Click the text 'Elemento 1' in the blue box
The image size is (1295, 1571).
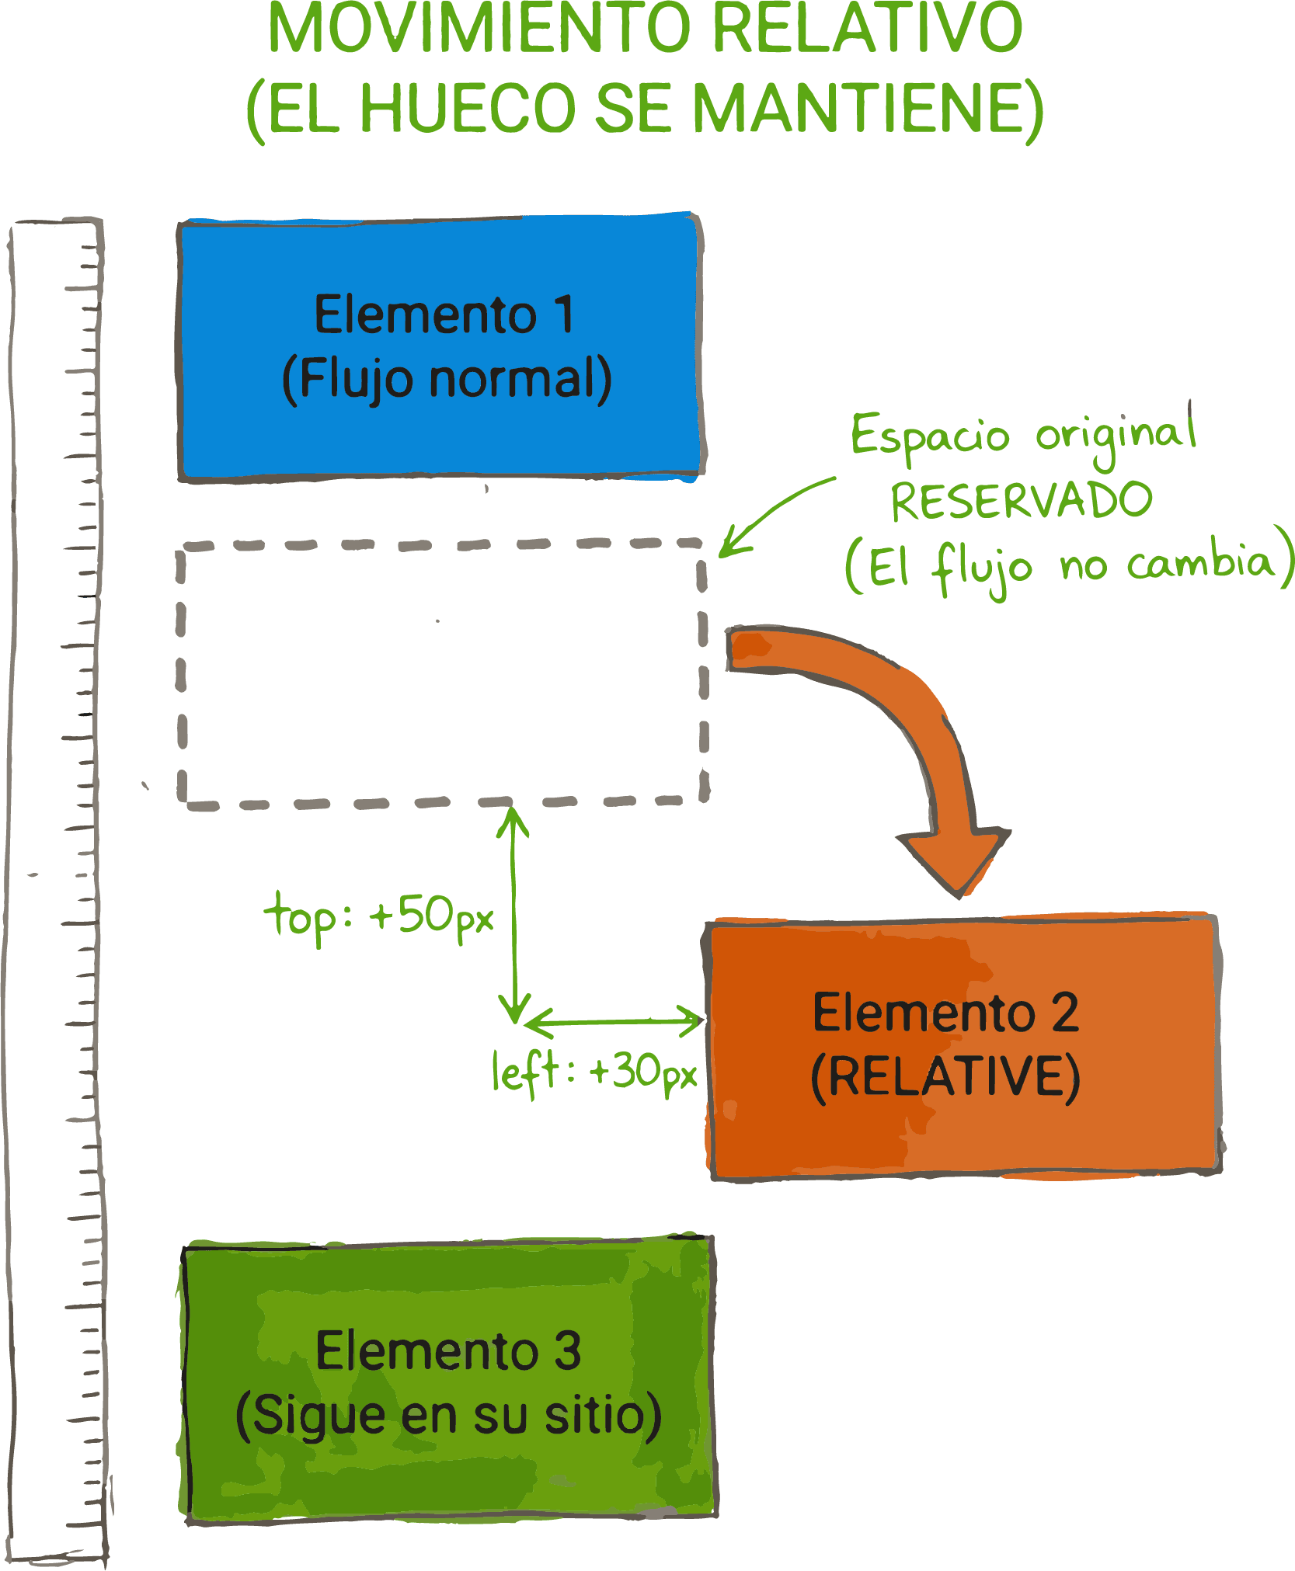pos(444,315)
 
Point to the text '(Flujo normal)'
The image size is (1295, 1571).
pos(447,380)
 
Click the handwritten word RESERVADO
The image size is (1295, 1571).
pos(1021,501)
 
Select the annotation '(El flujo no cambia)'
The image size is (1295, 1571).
pos(1069,565)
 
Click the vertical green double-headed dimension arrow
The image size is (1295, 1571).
pos(513,916)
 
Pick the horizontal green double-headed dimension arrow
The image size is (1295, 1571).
pos(614,1021)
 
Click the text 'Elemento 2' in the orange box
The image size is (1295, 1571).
pos(945,1013)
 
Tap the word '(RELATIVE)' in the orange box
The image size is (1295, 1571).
pos(945,1077)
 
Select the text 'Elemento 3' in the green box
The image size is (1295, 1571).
pos(448,1351)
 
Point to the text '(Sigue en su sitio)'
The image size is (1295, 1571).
pos(448,1415)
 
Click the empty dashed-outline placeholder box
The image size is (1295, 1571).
pos(443,673)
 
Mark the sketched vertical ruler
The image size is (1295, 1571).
pos(56,893)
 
